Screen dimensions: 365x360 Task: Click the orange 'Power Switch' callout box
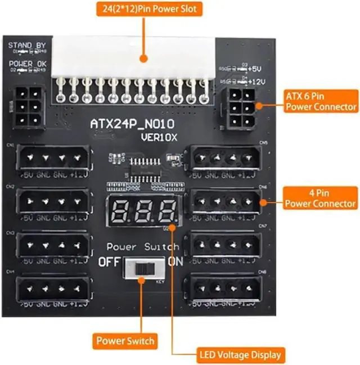(x=125, y=340)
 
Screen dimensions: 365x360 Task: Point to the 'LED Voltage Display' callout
(x=240, y=355)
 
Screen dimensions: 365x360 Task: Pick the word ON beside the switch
(x=176, y=262)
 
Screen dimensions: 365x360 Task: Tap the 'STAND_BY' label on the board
(x=27, y=45)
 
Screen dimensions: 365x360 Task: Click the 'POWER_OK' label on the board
(x=28, y=64)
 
